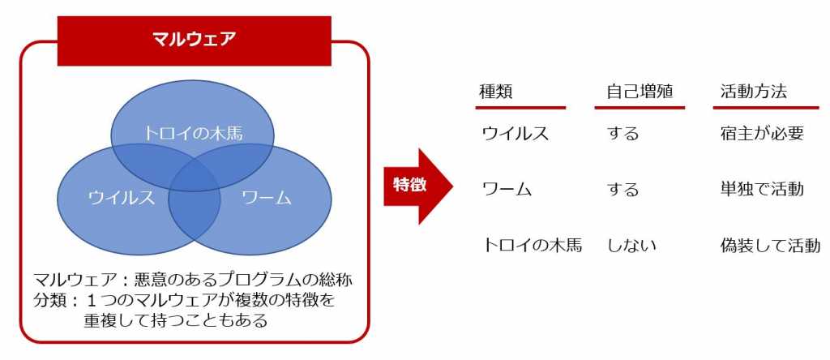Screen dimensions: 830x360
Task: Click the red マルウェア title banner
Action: click(x=195, y=41)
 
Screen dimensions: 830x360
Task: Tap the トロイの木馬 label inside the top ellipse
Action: click(x=193, y=134)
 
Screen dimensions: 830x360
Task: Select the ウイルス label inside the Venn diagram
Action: click(x=122, y=198)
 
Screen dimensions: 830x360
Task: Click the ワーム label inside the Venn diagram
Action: click(x=267, y=198)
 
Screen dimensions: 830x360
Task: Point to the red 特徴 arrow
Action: click(x=418, y=186)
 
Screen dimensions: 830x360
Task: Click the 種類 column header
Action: click(x=496, y=92)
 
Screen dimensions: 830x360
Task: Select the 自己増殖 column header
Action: click(x=640, y=92)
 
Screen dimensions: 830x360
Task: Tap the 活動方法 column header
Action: click(x=753, y=92)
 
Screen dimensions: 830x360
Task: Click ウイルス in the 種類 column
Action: click(x=515, y=134)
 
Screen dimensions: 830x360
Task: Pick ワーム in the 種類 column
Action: click(x=507, y=190)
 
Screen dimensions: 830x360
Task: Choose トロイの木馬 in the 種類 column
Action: click(x=532, y=245)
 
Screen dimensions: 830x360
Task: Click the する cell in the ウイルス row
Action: click(x=623, y=134)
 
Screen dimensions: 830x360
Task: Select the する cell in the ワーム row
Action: click(x=623, y=190)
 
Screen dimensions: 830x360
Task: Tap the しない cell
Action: click(x=631, y=245)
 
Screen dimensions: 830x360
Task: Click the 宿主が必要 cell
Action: click(x=762, y=134)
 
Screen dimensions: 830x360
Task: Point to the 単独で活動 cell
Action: click(x=762, y=190)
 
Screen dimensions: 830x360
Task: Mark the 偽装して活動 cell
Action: click(x=770, y=245)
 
